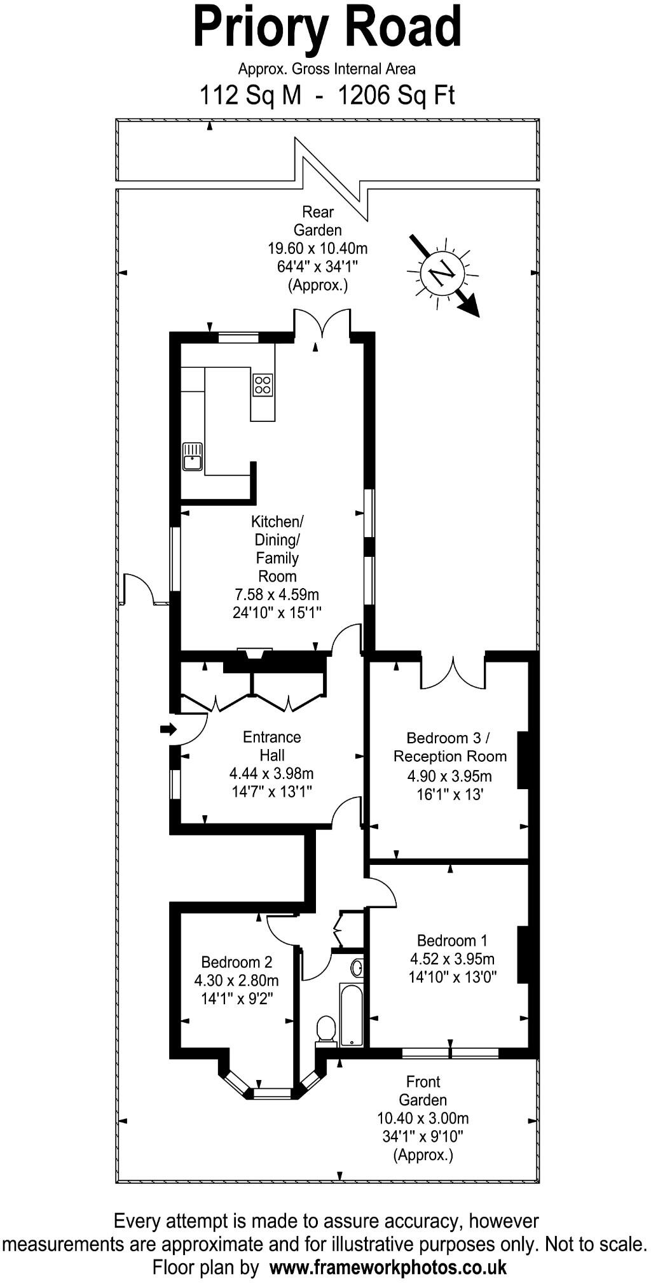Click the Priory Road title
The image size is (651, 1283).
click(x=327, y=28)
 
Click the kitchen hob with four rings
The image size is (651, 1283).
click(x=263, y=384)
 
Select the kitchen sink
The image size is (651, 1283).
click(x=192, y=456)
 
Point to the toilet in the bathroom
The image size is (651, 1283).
click(x=326, y=1029)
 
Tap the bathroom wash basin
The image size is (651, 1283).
click(x=357, y=968)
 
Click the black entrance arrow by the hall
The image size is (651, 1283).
click(x=168, y=729)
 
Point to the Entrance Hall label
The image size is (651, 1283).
click(x=271, y=746)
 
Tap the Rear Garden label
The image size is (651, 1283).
click(x=317, y=221)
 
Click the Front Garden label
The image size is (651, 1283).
click(x=423, y=1091)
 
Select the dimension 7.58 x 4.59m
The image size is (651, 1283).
click(x=277, y=594)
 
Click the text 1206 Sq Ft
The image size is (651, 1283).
click(x=396, y=95)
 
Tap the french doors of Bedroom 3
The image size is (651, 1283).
click(x=453, y=673)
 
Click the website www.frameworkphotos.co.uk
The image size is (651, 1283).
click(x=388, y=1266)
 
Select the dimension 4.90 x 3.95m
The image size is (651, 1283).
click(x=449, y=776)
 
